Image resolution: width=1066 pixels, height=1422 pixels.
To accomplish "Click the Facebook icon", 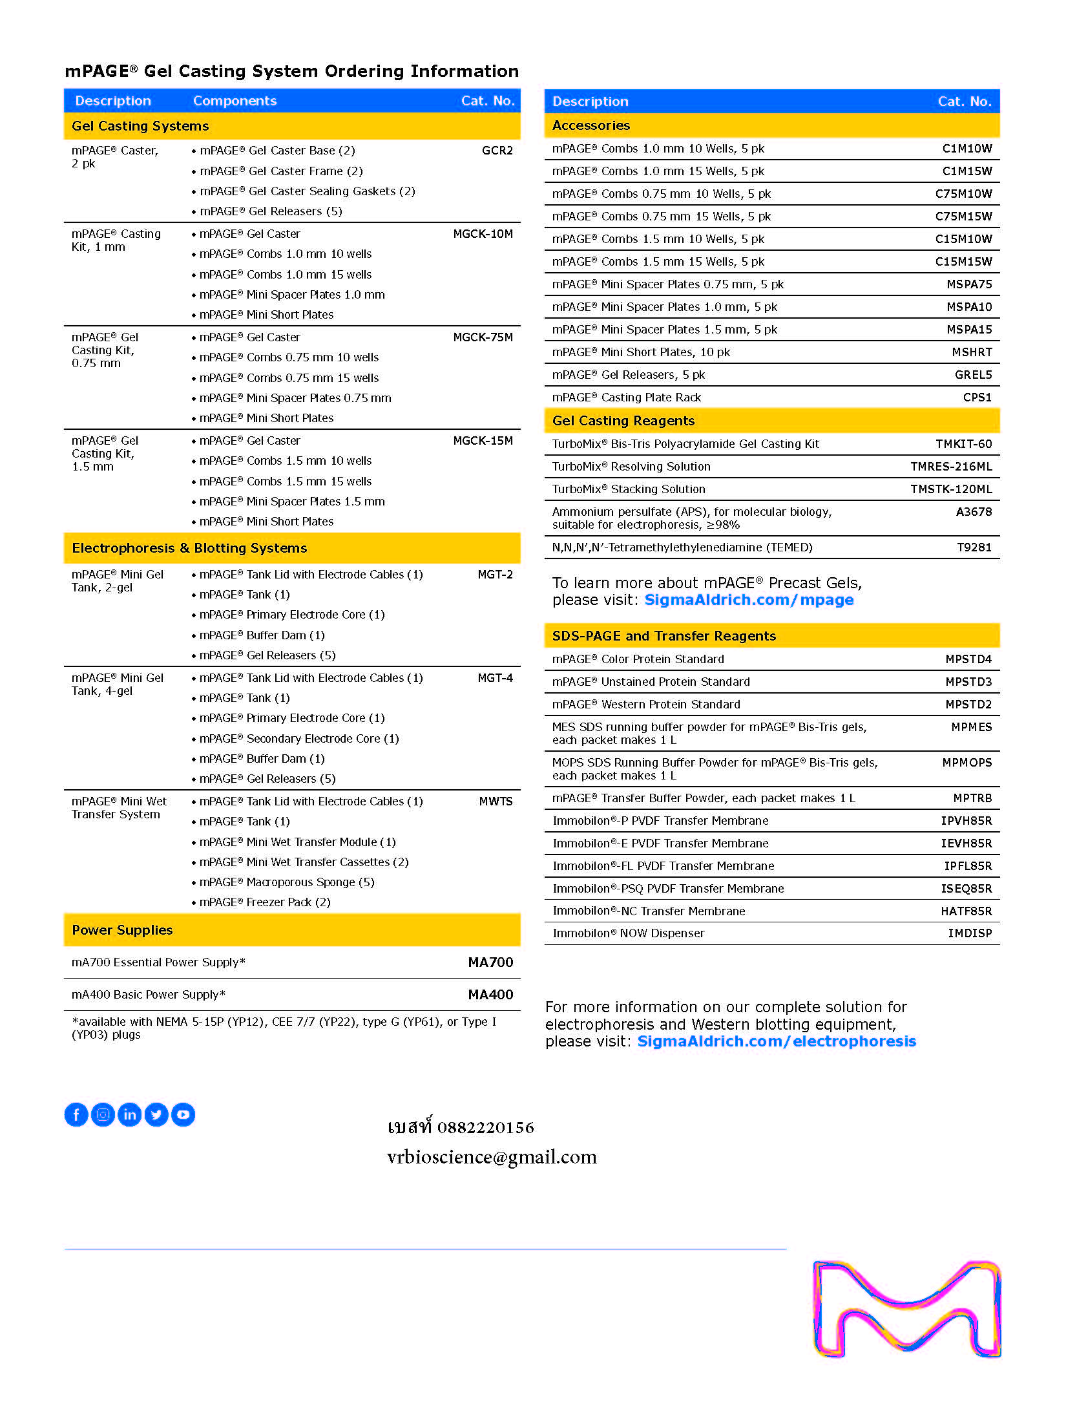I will (76, 1114).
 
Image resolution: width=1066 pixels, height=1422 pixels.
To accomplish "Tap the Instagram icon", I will (103, 1114).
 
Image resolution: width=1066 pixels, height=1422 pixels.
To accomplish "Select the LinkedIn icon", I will (130, 1114).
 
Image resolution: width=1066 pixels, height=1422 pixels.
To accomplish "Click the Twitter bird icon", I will (156, 1114).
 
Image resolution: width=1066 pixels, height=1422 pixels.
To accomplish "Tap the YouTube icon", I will (183, 1114).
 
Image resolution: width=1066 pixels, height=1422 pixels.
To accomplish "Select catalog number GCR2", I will (497, 151).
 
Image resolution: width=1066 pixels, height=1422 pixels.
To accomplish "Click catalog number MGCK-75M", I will (483, 337).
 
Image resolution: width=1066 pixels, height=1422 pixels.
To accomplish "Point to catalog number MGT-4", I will (495, 678).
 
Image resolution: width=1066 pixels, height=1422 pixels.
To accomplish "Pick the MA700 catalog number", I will (490, 962).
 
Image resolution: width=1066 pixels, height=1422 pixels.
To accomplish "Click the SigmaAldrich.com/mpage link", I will (749, 600).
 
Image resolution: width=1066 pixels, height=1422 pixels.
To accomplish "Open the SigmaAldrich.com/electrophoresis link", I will (777, 1041).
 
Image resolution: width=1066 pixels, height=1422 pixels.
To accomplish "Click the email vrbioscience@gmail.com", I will (492, 1157).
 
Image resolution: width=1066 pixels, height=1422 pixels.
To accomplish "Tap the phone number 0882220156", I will (485, 1128).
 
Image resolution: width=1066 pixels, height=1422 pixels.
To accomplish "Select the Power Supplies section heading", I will (122, 930).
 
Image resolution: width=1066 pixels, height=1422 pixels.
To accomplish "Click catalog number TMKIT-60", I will (963, 444).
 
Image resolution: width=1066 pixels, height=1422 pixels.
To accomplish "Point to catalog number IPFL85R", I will (968, 866).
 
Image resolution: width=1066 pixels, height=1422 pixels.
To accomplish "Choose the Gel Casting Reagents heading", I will (623, 421).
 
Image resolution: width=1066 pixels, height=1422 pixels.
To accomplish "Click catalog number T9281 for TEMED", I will (974, 547).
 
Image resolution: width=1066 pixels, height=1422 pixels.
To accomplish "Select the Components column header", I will (235, 101).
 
